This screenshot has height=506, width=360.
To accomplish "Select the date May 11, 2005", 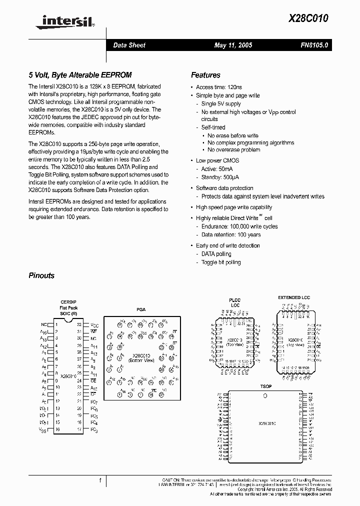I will click(x=233, y=45).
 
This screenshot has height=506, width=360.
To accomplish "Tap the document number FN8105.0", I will click(x=314, y=45).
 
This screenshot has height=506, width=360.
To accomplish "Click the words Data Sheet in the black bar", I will click(x=129, y=45).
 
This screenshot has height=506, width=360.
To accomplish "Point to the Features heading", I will click(x=205, y=75).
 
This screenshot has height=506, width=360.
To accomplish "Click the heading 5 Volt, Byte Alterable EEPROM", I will click(x=80, y=75).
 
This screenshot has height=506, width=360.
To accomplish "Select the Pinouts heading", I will click(x=41, y=275).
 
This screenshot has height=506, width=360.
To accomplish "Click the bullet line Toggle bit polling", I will click(x=220, y=262).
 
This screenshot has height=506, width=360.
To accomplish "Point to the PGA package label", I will click(x=141, y=310).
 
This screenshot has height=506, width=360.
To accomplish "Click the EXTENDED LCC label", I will click(x=294, y=297).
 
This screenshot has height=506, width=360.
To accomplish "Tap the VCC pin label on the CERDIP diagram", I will click(x=94, y=325).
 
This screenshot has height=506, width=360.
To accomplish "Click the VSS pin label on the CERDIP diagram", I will click(x=43, y=429).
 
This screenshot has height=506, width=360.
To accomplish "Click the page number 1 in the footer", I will click(x=100, y=480).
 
